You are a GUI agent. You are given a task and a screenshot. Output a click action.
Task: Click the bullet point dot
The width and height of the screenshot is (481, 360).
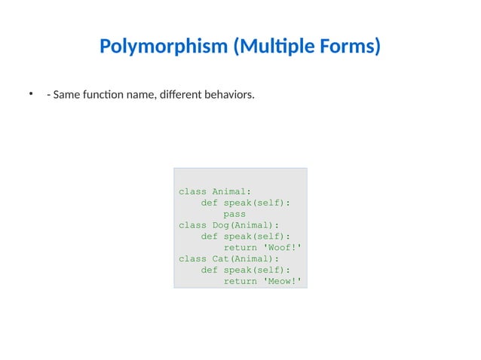[32, 94]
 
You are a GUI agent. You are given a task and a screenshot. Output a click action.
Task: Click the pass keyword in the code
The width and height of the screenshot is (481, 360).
[234, 214]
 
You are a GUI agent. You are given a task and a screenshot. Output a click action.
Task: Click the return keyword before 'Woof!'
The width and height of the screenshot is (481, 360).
[240, 248]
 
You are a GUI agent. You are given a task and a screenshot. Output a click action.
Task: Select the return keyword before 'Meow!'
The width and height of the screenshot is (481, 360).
[240, 282]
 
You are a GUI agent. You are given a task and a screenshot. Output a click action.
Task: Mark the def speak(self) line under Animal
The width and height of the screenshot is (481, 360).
[246, 203]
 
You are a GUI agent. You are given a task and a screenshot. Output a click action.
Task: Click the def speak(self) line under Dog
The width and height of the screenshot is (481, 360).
[246, 236]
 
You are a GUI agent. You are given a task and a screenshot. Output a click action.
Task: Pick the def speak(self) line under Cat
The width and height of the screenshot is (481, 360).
[246, 270]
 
